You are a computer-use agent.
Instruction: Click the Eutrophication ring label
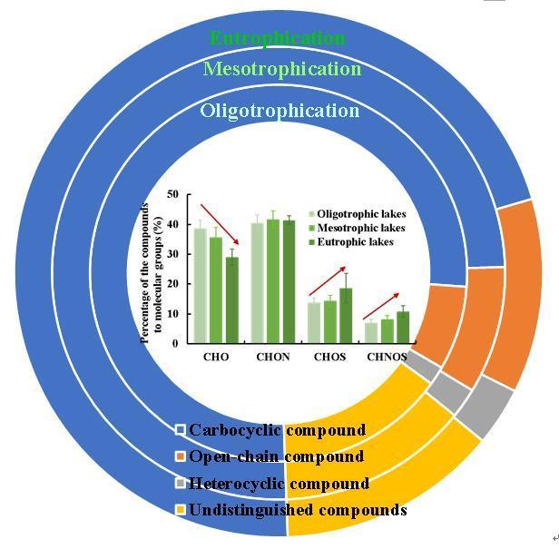pos(277,38)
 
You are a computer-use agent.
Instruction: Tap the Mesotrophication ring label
pos(281,69)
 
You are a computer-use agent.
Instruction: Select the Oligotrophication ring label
pos(279,111)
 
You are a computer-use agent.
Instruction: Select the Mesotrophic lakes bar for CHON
pos(273,281)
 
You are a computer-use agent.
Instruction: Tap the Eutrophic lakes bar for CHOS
pos(346,316)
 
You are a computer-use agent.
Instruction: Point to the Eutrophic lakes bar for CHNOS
pos(403,328)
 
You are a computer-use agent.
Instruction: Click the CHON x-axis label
pos(273,357)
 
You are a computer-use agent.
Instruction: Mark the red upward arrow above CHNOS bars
pos(380,306)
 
